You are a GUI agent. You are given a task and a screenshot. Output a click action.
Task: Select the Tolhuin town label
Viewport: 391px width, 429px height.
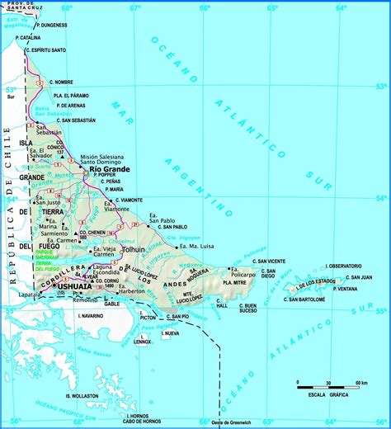click(133, 248)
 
